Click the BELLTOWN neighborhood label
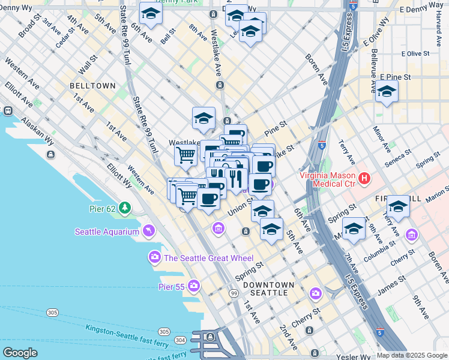click(x=92, y=86)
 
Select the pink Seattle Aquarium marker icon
click(x=148, y=231)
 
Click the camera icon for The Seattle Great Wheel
click(x=155, y=258)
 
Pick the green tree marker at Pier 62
click(x=124, y=208)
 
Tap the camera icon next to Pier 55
click(x=193, y=286)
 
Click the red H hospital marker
click(x=364, y=178)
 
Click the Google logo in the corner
click(x=20, y=353)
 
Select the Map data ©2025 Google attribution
click(x=412, y=355)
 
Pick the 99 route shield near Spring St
click(x=234, y=293)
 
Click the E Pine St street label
click(x=395, y=77)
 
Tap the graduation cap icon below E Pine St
click(x=387, y=92)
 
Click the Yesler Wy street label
click(x=349, y=354)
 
